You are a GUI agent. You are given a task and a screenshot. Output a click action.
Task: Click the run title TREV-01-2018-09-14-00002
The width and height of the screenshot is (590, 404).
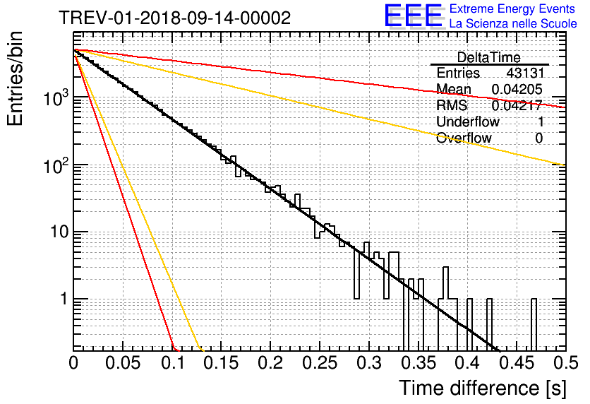[x=174, y=18]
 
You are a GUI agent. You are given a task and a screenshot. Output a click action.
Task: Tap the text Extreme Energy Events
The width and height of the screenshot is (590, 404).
[x=513, y=9]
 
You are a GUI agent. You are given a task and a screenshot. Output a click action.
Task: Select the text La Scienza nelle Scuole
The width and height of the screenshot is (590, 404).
[x=513, y=24]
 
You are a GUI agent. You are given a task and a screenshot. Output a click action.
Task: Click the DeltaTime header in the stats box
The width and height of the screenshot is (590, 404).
[x=489, y=57]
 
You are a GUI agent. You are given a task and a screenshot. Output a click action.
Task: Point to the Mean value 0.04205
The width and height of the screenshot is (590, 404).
[x=517, y=90]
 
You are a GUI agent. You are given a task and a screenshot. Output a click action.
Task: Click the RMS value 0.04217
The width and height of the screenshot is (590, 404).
[x=517, y=106]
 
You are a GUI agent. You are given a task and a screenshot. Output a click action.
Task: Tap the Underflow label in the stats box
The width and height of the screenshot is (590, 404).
[x=468, y=122]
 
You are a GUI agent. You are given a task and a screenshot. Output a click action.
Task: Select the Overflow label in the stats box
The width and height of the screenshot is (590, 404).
[x=464, y=138]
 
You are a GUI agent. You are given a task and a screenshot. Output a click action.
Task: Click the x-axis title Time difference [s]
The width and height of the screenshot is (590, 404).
[x=482, y=388]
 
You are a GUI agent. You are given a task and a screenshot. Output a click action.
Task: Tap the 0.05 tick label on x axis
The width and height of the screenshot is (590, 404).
[x=123, y=363]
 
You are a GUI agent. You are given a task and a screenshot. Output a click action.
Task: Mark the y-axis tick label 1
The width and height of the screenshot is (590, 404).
[x=61, y=299]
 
